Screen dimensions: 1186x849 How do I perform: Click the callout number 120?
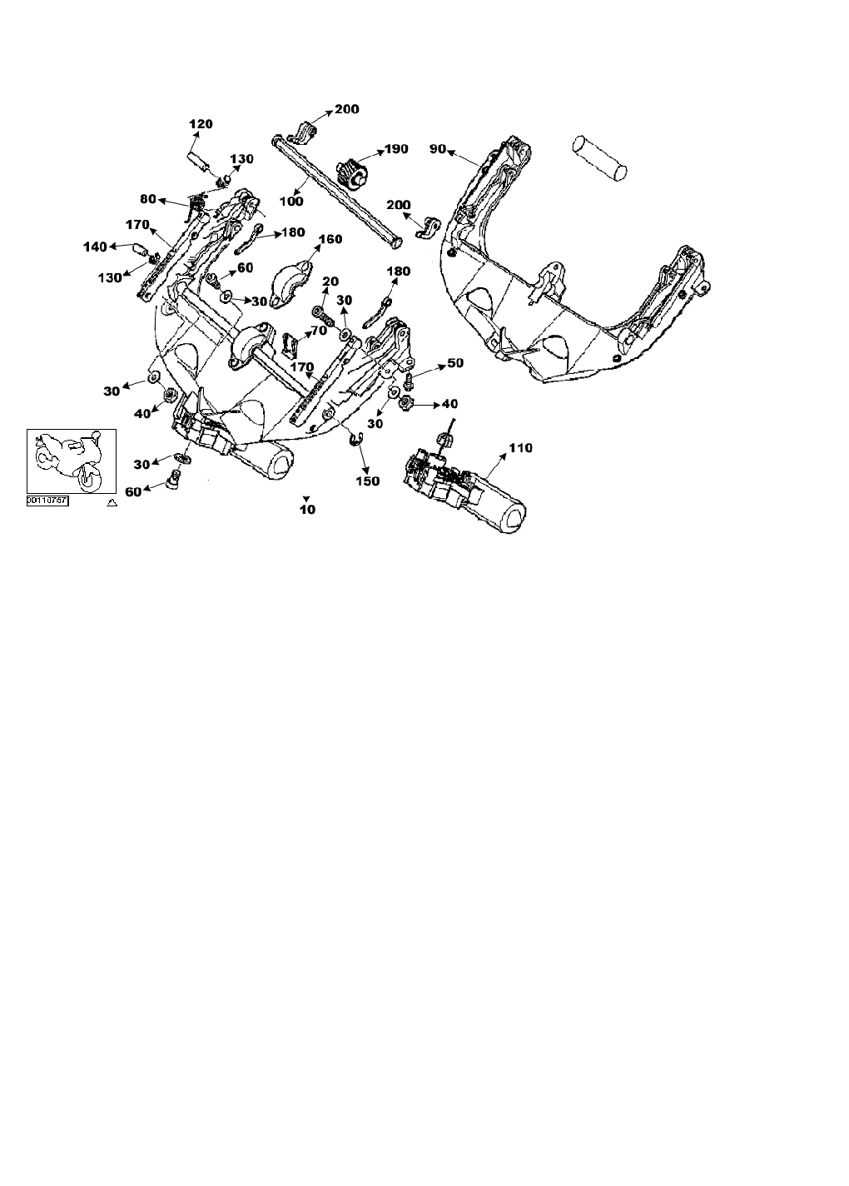coord(201,124)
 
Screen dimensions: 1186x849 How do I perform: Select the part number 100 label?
coord(291,201)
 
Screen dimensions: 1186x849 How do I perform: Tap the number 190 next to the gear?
coord(395,149)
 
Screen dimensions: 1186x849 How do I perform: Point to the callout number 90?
coord(439,149)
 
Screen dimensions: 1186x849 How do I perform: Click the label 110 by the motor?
coord(520,448)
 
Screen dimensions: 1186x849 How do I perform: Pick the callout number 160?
coord(330,239)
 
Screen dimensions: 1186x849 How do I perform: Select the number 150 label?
coord(367,481)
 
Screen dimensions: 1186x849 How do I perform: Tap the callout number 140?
coord(95,247)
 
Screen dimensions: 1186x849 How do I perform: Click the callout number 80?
coord(148,199)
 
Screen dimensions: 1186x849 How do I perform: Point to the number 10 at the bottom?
coord(308,509)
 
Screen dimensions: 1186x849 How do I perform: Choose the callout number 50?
coord(455,363)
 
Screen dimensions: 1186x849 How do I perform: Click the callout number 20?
coord(330,282)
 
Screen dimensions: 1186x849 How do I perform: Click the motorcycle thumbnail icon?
coord(71,461)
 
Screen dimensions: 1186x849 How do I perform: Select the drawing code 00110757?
coord(47,501)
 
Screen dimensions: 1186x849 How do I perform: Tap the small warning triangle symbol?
coord(112,503)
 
